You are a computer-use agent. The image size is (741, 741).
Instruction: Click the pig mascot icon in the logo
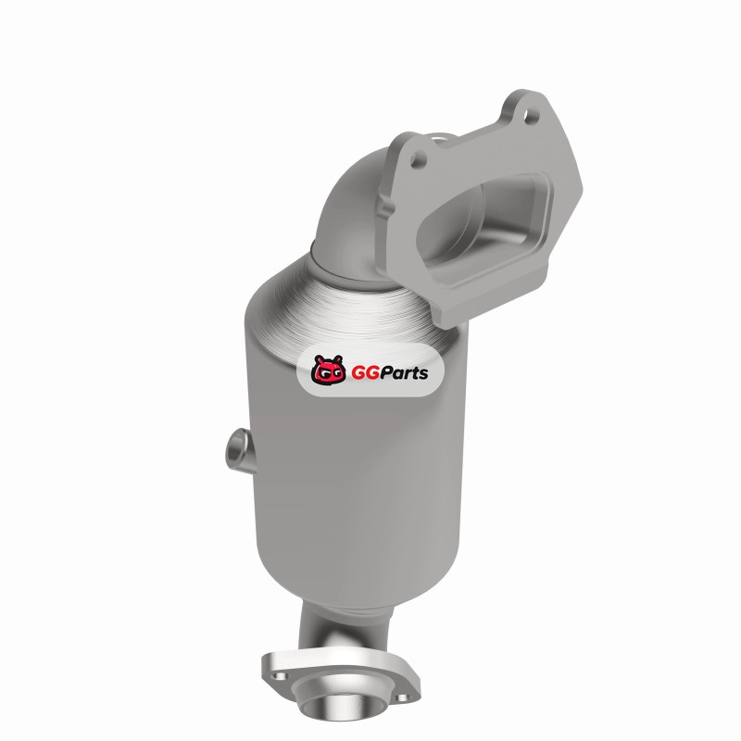pyautogui.click(x=328, y=370)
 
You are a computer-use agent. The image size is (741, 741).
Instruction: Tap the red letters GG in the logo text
pyautogui.click(x=365, y=373)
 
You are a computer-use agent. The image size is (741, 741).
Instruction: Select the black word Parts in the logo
pyautogui.click(x=404, y=373)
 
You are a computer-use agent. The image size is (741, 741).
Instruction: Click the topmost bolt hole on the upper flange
pyautogui.click(x=532, y=115)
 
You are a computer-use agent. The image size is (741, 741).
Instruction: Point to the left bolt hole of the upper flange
pyautogui.click(x=419, y=159)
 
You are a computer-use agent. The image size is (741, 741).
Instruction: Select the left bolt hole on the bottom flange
pyautogui.click(x=280, y=676)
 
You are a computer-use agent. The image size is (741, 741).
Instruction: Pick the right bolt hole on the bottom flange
pyautogui.click(x=402, y=698)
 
